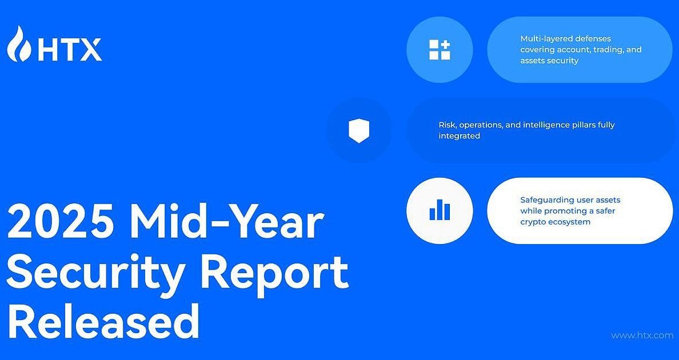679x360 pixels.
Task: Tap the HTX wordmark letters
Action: [70, 50]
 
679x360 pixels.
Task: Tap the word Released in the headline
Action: [103, 322]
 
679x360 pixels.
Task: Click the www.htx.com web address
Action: [642, 335]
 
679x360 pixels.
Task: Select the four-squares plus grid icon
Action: [440, 50]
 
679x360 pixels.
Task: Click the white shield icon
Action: [359, 131]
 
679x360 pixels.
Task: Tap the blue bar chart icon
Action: [440, 210]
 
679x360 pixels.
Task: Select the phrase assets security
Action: [549, 61]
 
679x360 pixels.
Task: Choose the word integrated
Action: [459, 136]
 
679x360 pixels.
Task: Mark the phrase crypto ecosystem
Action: [555, 222]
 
